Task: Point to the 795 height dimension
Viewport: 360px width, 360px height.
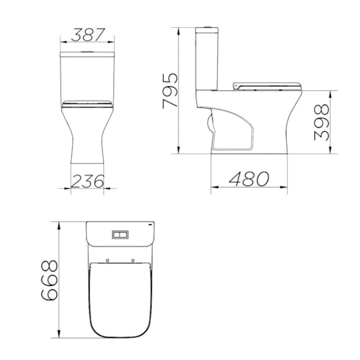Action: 170,90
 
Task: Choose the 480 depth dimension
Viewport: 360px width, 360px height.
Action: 249,179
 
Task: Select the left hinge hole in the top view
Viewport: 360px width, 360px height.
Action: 108,261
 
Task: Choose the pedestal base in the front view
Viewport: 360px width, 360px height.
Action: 88,143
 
